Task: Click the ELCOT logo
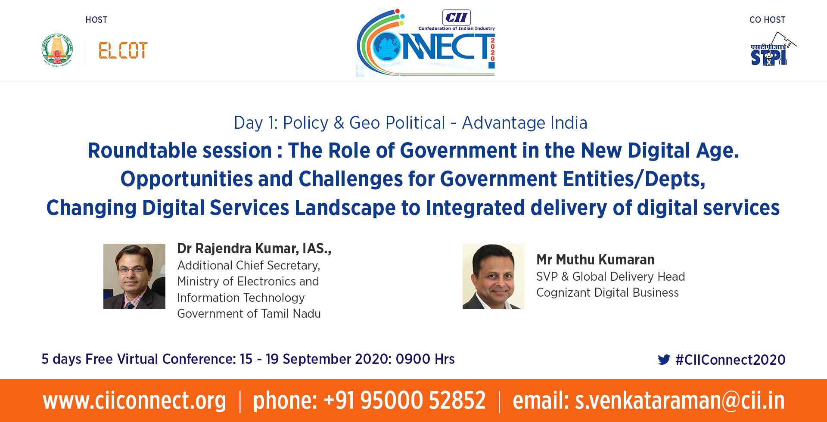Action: click(x=123, y=50)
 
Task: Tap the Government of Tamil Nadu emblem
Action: click(x=57, y=50)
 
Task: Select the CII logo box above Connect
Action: click(x=457, y=18)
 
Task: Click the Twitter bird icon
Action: click(x=664, y=360)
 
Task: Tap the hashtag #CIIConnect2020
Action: click(x=731, y=360)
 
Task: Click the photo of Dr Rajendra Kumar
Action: click(x=134, y=276)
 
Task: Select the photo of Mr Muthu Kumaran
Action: click(x=494, y=276)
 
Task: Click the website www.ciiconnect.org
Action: click(x=134, y=400)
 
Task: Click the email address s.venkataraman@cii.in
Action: click(x=680, y=400)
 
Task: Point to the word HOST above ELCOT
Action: click(x=96, y=20)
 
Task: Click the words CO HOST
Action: click(x=768, y=20)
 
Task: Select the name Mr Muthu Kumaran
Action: click(x=595, y=260)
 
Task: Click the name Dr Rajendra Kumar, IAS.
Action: click(x=254, y=248)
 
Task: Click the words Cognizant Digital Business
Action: click(x=607, y=293)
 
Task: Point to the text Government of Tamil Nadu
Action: click(x=249, y=313)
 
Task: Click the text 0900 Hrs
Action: click(x=425, y=359)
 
